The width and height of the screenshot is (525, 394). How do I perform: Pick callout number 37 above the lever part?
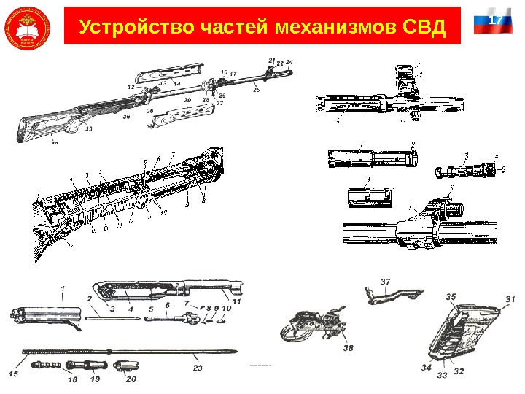click(386, 281)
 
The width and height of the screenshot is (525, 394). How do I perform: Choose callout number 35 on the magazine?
click(451, 297)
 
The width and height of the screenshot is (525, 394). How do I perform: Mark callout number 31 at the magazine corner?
click(509, 298)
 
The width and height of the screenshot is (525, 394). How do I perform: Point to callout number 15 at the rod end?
click(14, 374)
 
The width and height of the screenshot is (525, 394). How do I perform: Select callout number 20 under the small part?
click(131, 379)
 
